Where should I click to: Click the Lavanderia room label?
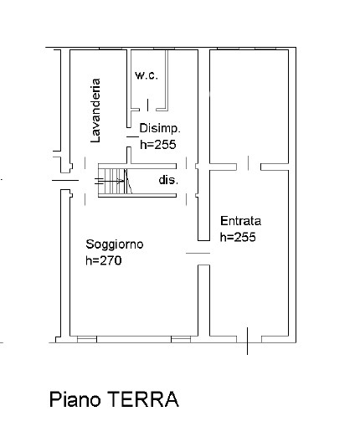pyautogui.click(x=96, y=109)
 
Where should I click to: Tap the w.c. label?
pyautogui.click(x=147, y=76)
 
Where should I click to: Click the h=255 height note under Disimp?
pyautogui.click(x=160, y=143)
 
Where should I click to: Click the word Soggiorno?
pyautogui.click(x=115, y=244)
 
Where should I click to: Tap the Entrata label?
pyautogui.click(x=241, y=222)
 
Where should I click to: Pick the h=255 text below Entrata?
pyautogui.click(x=238, y=237)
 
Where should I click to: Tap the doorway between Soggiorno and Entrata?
pyautogui.click(x=198, y=254)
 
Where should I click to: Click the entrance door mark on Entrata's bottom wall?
pyautogui.click(x=248, y=340)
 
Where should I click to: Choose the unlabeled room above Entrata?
pyautogui.click(x=249, y=105)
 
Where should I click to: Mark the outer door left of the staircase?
pyautogui.click(x=64, y=178)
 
